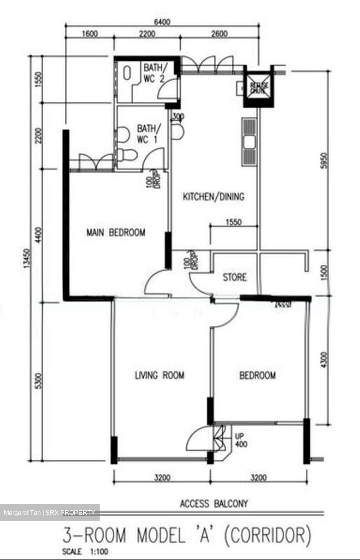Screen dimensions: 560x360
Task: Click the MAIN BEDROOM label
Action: point(116,233)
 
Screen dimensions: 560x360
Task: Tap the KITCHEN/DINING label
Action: point(213,196)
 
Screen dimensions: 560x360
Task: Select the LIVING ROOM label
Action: point(159,375)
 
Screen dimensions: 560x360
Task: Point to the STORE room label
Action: point(234,277)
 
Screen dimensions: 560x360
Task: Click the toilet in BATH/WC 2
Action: point(127,73)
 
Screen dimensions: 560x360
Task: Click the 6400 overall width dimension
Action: point(162,22)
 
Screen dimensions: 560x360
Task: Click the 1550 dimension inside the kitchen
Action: point(234,222)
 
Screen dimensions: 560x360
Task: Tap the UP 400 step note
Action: point(241,440)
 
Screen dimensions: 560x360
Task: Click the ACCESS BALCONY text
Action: point(214,504)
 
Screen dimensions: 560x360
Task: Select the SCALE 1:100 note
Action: point(85,551)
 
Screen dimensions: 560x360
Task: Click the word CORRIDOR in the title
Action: point(268,535)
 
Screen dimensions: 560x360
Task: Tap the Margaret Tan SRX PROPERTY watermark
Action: point(49,513)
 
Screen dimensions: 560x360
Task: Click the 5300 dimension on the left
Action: point(38,382)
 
